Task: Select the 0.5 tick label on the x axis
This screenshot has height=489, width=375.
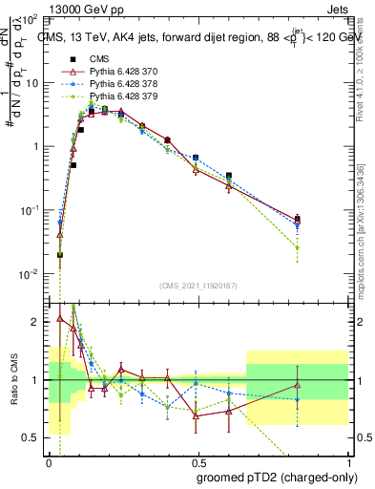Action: tap(198, 461)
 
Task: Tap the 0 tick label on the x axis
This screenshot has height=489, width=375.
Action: tap(49, 461)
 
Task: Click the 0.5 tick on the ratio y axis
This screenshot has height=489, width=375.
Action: tap(32, 437)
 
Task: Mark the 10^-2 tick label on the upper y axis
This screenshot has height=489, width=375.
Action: tap(29, 274)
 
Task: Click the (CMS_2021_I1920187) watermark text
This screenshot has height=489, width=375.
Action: tap(198, 285)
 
